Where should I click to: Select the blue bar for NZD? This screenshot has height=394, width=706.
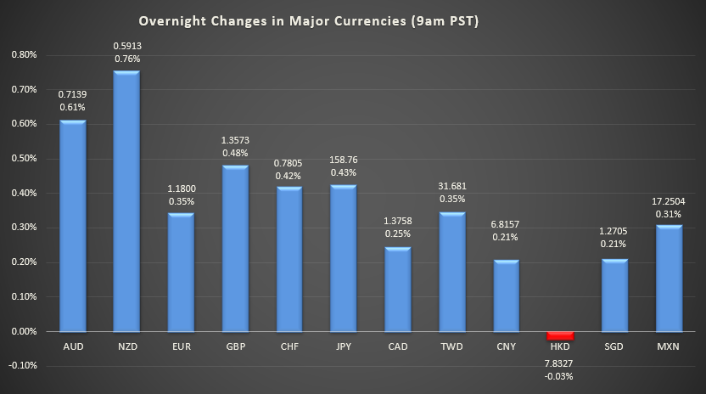126,200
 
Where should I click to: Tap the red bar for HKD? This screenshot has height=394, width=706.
560,335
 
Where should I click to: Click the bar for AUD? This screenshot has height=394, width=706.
72,226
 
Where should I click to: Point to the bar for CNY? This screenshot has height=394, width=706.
506,295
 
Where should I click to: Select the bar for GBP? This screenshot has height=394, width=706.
235,248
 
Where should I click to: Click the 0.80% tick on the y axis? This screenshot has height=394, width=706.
25,55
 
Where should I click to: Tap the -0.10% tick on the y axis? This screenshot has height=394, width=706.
24,365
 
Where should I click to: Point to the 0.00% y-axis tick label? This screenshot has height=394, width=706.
25,331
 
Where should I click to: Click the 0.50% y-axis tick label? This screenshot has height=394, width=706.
25,159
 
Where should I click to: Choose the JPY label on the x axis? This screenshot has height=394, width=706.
344,348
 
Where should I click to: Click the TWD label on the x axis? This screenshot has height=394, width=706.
452,348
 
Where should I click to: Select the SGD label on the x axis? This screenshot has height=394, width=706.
614,348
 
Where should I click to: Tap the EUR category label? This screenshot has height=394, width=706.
181,348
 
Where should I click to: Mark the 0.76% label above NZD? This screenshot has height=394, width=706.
126,59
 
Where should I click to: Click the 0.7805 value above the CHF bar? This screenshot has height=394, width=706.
289,162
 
